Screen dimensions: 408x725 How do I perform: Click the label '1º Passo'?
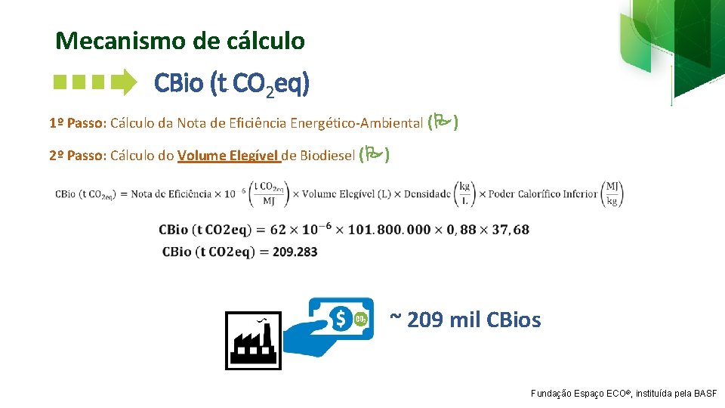click(x=77, y=123)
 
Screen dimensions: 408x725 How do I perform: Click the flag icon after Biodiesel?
click(x=375, y=155)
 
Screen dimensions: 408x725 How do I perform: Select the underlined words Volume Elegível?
click(x=228, y=156)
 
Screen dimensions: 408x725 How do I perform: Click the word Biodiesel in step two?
click(x=327, y=156)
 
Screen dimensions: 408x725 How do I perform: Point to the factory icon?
click(x=253, y=342)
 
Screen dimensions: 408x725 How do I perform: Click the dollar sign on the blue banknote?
click(x=341, y=320)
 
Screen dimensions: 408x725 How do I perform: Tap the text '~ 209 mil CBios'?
click(x=465, y=320)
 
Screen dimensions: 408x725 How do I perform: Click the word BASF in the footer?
click(x=707, y=394)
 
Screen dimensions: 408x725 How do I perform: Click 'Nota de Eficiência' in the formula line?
click(x=171, y=194)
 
